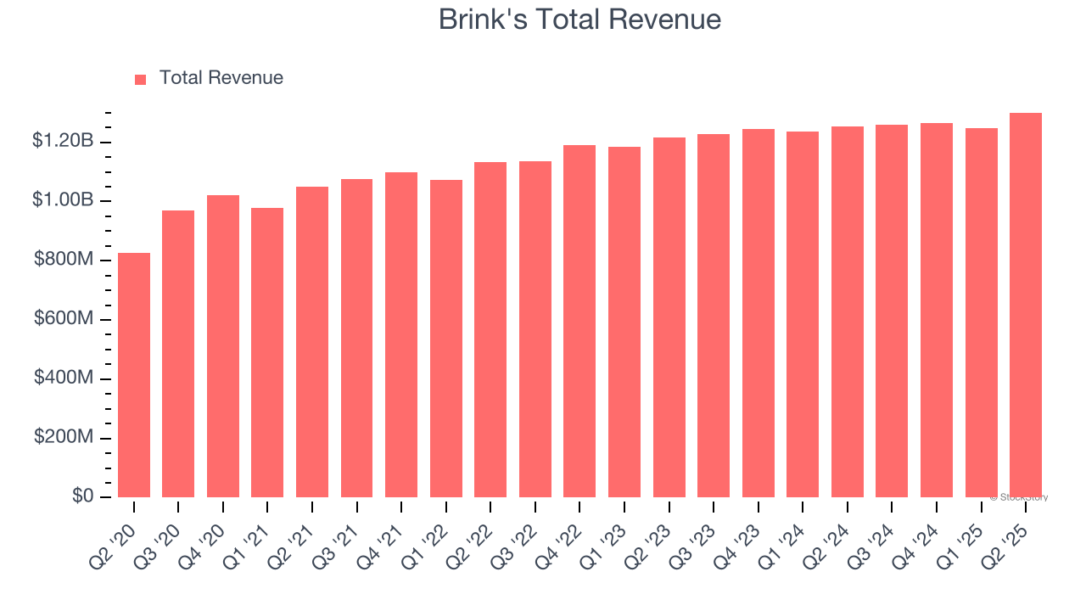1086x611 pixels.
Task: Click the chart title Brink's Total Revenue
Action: pyautogui.click(x=579, y=20)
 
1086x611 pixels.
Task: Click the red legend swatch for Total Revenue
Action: pyautogui.click(x=141, y=79)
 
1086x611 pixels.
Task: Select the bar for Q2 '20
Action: pyautogui.click(x=134, y=375)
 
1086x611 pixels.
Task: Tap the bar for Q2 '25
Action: pyautogui.click(x=1025, y=305)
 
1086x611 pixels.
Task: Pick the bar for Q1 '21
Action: pyautogui.click(x=267, y=352)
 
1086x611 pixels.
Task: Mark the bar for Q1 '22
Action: pyautogui.click(x=445, y=339)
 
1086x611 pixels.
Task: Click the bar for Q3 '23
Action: pyautogui.click(x=713, y=316)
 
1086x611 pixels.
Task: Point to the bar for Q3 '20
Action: pyautogui.click(x=178, y=354)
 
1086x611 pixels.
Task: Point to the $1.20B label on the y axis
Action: pyautogui.click(x=63, y=141)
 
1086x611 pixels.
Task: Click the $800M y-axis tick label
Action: pyautogui.click(x=64, y=260)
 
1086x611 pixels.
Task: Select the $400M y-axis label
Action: pyautogui.click(x=64, y=378)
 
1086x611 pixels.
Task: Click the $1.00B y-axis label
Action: pyautogui.click(x=63, y=200)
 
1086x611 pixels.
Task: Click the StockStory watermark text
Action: pyautogui.click(x=1019, y=497)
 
